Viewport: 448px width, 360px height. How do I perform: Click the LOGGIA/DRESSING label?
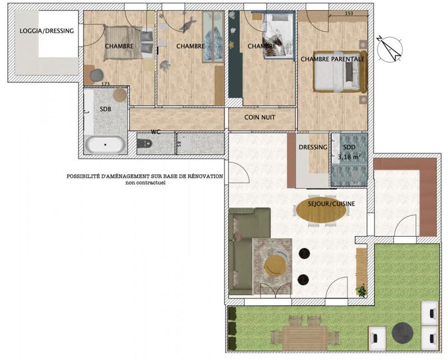46,31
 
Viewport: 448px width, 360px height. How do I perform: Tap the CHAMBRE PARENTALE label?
333,59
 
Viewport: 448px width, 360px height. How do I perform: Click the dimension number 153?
348,13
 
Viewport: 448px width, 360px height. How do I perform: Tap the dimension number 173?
104,85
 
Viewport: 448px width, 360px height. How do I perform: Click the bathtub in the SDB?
105,144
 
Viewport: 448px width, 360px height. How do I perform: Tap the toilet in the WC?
144,144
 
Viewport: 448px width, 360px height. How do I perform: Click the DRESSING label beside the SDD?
312,147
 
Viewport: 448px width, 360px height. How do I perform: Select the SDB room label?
105,110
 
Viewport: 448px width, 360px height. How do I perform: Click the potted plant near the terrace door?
362,290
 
